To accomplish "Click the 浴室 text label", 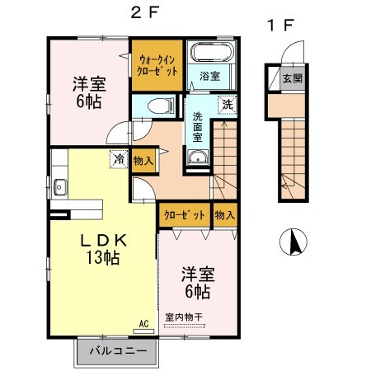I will [x=209, y=77].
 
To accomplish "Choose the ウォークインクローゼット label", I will [x=157, y=65].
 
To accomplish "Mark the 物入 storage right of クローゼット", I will [x=224, y=214].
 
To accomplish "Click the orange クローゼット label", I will [x=184, y=214].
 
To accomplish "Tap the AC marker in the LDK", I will [x=143, y=323].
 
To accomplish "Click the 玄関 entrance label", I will [x=293, y=79].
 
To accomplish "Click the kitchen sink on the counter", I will [x=59, y=188].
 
